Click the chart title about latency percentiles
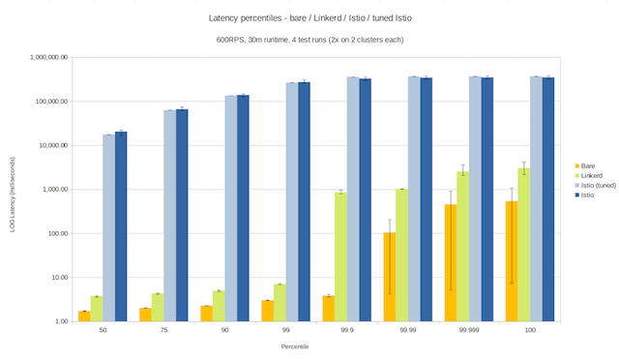pyautogui.click(x=309, y=18)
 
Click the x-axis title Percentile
pyautogui.click(x=309, y=345)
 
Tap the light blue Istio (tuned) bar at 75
pyautogui.click(x=169, y=216)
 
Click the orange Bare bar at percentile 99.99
pyautogui.click(x=390, y=277)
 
